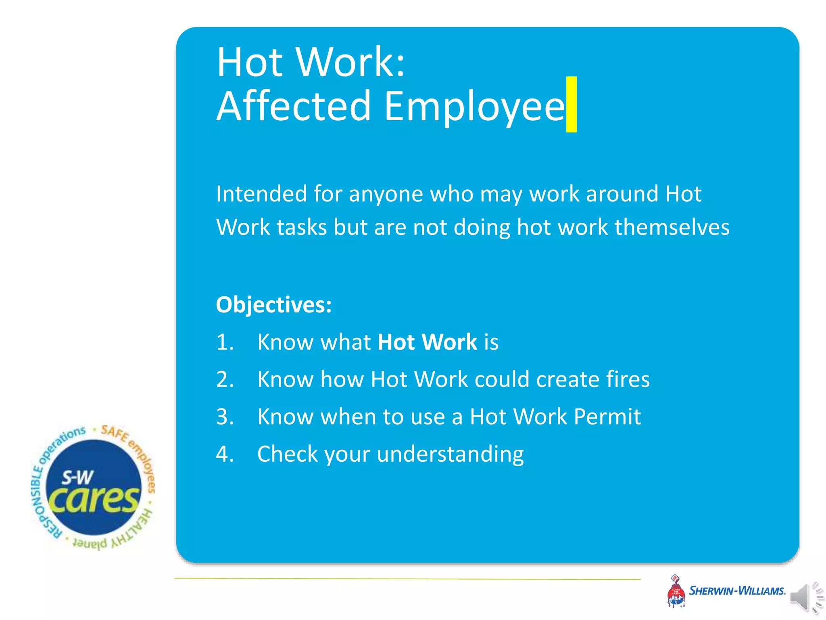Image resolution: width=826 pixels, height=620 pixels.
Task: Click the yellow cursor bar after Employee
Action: (571, 104)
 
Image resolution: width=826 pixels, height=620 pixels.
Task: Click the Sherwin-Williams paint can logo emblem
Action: (676, 591)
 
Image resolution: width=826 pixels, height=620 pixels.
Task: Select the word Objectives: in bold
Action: (274, 304)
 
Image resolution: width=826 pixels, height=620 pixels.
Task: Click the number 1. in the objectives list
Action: (225, 342)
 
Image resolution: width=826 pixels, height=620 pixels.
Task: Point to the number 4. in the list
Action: (225, 454)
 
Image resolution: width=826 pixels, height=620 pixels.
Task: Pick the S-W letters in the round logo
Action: (77, 478)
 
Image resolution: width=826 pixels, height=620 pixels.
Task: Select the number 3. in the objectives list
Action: (225, 417)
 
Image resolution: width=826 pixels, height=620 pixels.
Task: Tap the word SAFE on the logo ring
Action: (114, 434)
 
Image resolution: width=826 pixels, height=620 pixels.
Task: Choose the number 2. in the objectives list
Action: (225, 379)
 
